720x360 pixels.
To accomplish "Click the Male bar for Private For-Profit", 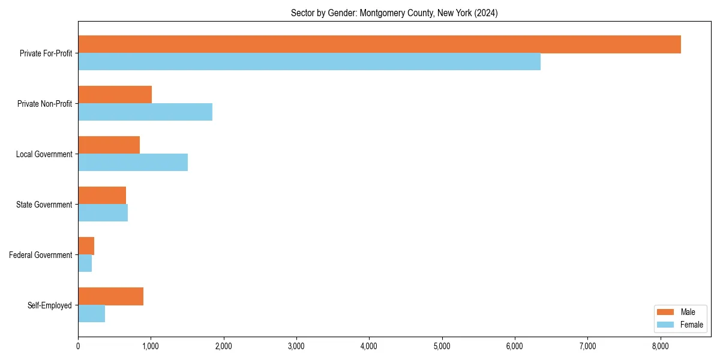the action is pos(379,44).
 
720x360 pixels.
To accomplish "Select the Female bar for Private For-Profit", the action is pos(309,62).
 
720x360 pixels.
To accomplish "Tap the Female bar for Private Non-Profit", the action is pos(145,112).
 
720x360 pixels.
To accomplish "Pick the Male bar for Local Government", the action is pos(109,145).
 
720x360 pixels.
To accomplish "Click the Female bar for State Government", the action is pos(103,213).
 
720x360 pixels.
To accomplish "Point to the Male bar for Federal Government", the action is pos(86,246).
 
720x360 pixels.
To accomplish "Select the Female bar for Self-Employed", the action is pos(91,314).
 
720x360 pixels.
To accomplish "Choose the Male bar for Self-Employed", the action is pos(110,296).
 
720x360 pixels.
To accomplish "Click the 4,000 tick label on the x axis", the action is pos(369,346).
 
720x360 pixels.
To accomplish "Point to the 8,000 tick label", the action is pos(660,346).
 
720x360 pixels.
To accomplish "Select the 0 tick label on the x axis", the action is pos(78,346).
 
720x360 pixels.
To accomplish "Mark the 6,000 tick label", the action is pos(515,346).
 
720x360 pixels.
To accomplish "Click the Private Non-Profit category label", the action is pos(44,104).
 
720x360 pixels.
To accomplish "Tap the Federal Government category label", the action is pos(41,255).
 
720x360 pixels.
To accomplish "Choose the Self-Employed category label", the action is pos(50,305).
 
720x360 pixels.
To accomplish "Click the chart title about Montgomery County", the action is pos(394,13).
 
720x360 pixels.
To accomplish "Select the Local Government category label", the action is pos(44,154).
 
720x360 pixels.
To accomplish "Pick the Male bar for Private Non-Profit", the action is pos(115,95).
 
